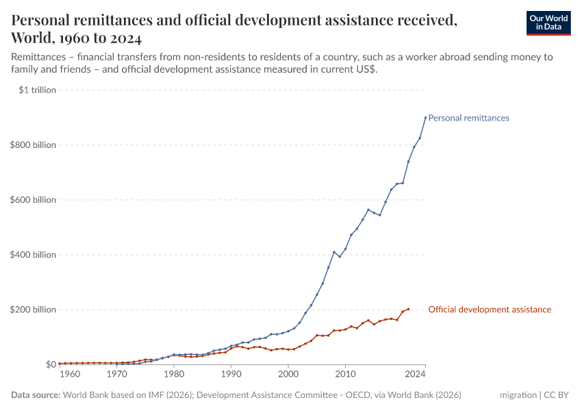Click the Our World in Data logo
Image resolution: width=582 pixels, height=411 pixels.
[548, 23]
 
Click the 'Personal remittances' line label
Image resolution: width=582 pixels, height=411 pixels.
[468, 118]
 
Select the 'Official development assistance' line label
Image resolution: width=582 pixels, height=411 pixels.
[489, 310]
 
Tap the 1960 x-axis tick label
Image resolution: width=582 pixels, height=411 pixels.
[71, 375]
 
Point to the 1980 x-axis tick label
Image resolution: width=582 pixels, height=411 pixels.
[174, 375]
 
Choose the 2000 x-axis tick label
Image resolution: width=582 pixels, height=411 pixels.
[288, 375]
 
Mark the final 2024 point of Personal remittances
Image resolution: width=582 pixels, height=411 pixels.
[425, 117]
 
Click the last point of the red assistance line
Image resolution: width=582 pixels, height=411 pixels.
[408, 309]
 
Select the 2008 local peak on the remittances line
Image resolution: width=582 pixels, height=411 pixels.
[334, 252]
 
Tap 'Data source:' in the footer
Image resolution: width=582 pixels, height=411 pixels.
[36, 395]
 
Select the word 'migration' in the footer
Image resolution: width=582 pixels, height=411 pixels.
[518, 395]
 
